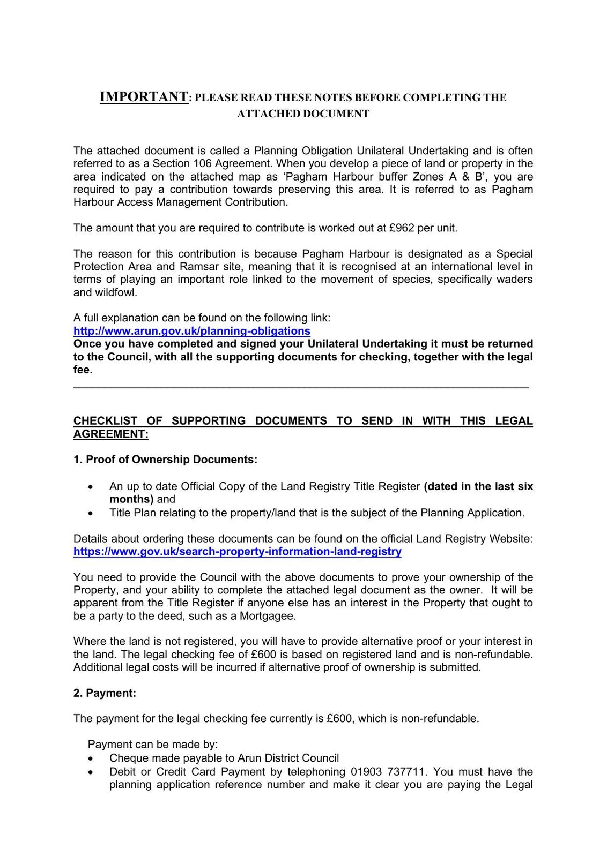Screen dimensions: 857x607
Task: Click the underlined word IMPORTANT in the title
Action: coord(144,97)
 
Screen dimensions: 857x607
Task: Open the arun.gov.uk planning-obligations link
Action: coord(191,331)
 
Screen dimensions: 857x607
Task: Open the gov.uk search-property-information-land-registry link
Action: coord(237,551)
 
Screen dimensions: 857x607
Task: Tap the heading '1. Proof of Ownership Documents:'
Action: coord(165,460)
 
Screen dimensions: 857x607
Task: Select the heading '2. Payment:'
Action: coord(105,693)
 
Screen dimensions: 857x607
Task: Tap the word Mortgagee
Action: coord(268,615)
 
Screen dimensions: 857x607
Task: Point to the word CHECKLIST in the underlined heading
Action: coord(105,421)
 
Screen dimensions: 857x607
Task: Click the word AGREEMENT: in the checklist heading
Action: coord(110,434)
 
